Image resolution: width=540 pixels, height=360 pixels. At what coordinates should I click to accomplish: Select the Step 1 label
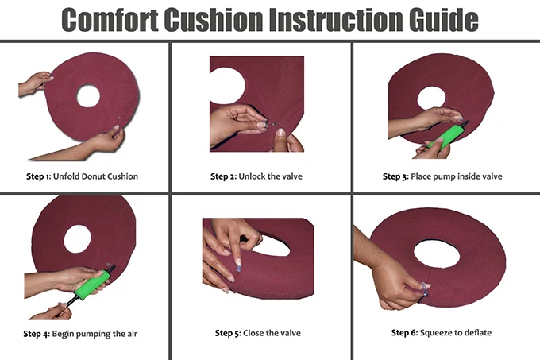pos(37,176)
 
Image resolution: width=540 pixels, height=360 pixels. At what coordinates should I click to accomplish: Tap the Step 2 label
pos(223,176)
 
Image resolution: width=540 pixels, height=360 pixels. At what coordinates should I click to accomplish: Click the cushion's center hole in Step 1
pos(88,96)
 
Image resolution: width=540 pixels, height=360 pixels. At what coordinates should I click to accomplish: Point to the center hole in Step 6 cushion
pos(436,253)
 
